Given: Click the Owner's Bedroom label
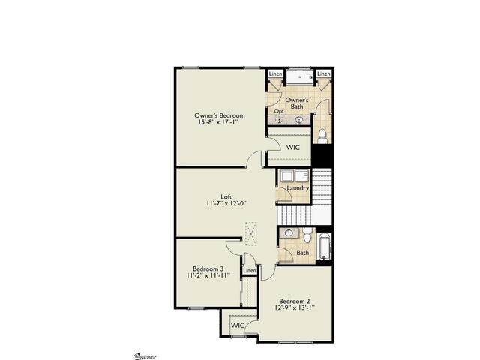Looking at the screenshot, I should pos(220,115).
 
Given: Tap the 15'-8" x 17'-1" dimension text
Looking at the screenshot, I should pos(220,124).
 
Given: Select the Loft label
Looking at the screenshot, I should pos(226,197).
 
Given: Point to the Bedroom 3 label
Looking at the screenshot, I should pos(208,268).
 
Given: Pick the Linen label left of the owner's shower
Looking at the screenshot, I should pos(276,73).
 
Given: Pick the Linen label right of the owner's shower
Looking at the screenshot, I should pos(324,73).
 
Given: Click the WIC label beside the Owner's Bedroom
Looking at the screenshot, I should pos(293,148).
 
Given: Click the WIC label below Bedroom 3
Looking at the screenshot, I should pos(237,325).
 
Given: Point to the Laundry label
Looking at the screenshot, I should pos(298,188).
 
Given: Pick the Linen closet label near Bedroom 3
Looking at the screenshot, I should pos(249,270).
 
